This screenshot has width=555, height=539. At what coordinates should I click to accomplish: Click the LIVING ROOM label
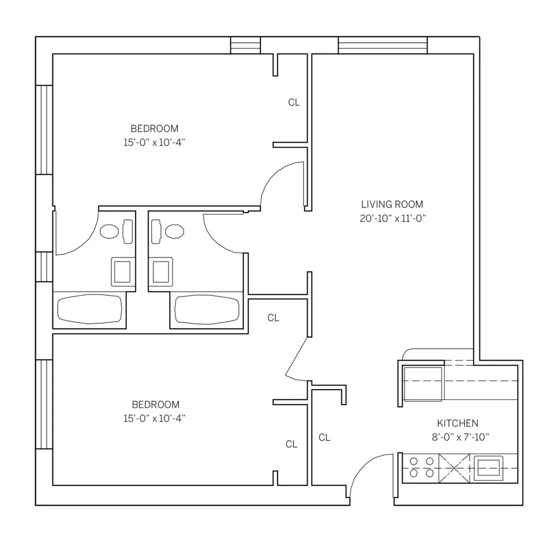[392, 204]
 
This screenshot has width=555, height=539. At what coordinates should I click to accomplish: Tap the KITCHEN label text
[457, 423]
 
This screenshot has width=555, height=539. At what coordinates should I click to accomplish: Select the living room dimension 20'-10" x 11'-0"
[392, 219]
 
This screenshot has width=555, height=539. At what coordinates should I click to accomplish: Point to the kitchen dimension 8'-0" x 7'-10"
[460, 437]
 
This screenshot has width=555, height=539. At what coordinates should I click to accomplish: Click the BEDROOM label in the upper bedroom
[154, 128]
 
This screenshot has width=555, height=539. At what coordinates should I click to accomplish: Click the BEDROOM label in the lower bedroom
[155, 404]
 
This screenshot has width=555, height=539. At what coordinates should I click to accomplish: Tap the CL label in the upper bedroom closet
[294, 102]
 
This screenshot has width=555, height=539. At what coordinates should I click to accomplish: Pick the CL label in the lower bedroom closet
[291, 444]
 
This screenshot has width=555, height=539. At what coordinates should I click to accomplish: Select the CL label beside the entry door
[324, 437]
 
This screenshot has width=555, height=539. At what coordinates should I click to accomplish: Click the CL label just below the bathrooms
[273, 318]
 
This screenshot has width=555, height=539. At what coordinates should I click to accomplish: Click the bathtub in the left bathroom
[89, 309]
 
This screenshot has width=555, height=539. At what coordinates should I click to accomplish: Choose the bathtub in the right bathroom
[207, 309]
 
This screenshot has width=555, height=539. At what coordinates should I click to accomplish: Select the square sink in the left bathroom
[123, 272]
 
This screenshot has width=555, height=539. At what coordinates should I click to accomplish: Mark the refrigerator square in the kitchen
[423, 383]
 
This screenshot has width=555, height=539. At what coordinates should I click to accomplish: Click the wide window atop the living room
[382, 45]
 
